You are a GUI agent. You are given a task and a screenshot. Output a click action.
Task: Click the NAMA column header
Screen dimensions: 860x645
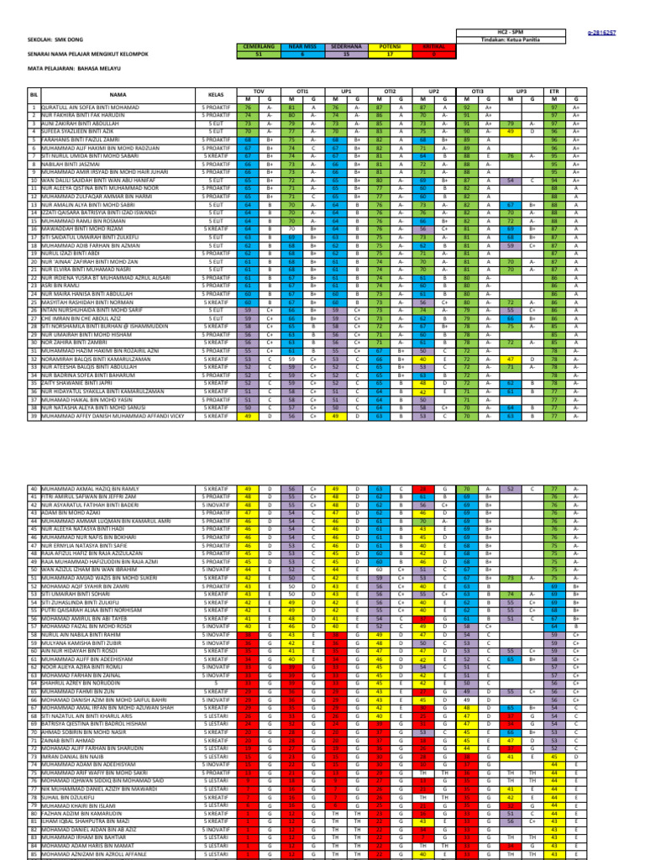pyautogui.click(x=117, y=95)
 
